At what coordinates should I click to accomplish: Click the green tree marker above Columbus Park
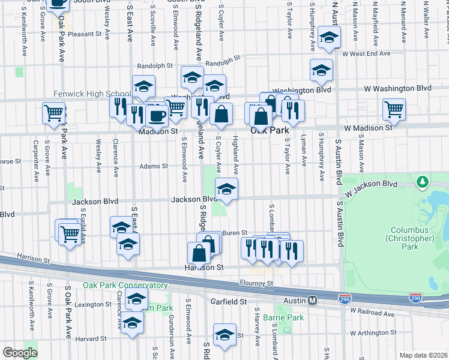423,181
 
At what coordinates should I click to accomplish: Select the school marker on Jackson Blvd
226,189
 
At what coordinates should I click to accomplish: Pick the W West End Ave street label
366,54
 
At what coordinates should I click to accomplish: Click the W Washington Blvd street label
397,88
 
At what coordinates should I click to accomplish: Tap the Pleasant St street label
85,34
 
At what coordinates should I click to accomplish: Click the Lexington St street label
89,305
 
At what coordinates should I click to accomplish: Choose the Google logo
20,353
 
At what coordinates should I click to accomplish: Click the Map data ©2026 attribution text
423,355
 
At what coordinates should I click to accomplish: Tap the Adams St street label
154,166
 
